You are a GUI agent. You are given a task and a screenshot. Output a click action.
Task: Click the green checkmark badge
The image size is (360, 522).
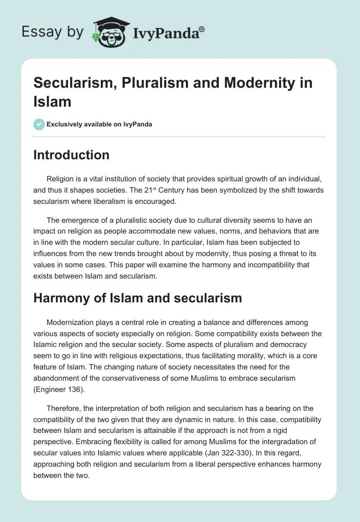[39, 124]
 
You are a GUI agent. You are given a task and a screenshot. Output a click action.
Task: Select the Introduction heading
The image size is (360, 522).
[72, 155]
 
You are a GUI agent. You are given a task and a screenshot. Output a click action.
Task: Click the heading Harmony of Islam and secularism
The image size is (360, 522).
[138, 297]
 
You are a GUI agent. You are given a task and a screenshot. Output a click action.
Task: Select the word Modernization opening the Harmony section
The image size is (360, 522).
[70, 323]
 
